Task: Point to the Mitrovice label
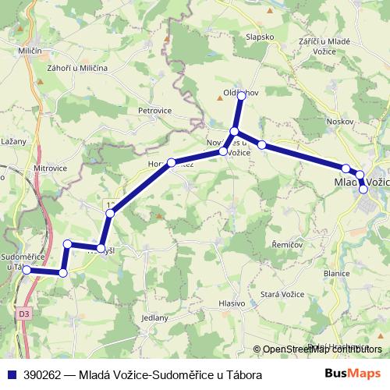click(51, 168)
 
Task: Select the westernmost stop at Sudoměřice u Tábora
click(27, 270)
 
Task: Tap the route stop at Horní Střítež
click(171, 163)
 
